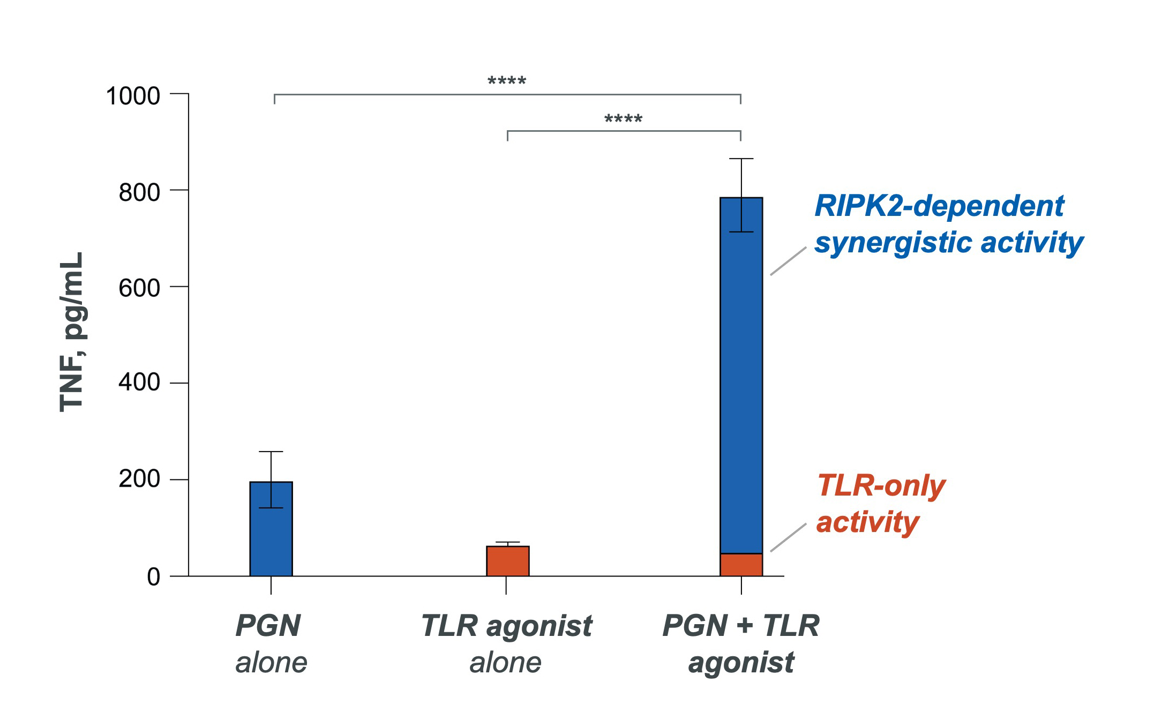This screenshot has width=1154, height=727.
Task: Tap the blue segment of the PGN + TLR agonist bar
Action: (x=741, y=375)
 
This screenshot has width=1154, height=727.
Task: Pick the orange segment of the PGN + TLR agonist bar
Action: (x=741, y=565)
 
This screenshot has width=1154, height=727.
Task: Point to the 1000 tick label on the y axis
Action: (x=133, y=96)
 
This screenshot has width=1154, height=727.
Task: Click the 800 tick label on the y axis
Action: (x=139, y=192)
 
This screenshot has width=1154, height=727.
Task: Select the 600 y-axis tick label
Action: (x=139, y=288)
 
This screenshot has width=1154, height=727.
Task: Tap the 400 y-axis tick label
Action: (x=139, y=383)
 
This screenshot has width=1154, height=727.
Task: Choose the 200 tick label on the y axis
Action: (x=139, y=478)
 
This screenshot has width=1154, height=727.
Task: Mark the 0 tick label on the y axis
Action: (x=153, y=577)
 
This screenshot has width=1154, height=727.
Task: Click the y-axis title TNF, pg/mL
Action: (x=72, y=332)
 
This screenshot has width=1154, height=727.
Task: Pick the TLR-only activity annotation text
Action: (x=880, y=504)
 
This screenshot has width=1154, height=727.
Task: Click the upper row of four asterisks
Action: (x=507, y=81)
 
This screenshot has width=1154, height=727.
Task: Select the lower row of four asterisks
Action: (x=623, y=119)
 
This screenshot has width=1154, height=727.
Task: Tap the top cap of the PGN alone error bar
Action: (x=271, y=452)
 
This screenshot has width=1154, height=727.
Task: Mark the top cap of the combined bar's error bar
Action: (x=741, y=159)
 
